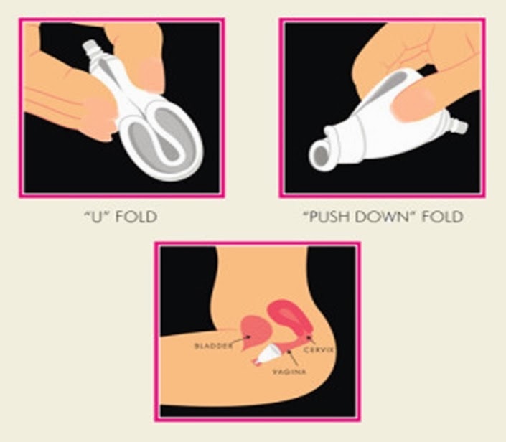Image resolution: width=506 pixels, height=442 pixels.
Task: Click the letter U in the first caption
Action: (95, 217)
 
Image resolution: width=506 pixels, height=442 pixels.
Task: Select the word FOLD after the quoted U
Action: (136, 217)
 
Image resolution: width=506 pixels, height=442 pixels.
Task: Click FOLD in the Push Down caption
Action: (442, 217)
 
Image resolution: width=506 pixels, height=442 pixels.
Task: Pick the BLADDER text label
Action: (213, 346)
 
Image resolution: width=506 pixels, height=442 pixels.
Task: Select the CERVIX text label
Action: (318, 349)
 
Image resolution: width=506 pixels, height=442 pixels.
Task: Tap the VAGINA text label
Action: (289, 372)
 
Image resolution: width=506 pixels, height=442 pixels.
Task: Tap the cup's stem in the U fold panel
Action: (90, 51)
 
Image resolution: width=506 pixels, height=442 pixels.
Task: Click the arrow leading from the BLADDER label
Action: (241, 340)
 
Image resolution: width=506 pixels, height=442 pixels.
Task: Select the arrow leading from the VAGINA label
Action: (293, 357)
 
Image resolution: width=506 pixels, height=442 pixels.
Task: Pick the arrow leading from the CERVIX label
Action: (311, 339)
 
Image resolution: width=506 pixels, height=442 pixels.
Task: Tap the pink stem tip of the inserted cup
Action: (256, 363)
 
